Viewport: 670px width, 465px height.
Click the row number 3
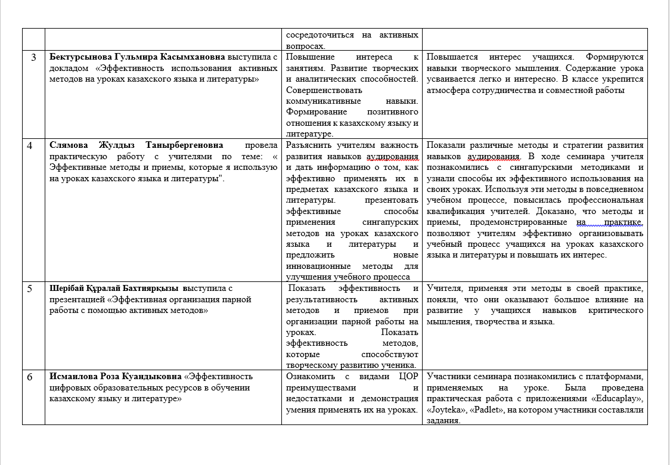click(33, 57)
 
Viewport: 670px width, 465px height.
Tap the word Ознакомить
click(312, 377)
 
